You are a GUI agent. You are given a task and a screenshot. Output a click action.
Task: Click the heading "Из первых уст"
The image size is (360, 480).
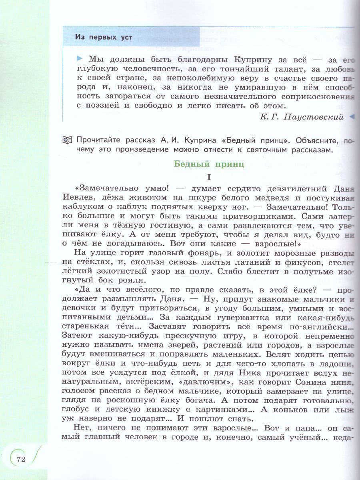click(103, 37)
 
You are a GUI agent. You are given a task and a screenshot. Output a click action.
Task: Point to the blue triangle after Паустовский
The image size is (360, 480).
click(352, 117)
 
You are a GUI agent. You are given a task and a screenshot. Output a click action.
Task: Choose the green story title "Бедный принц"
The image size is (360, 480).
click(208, 164)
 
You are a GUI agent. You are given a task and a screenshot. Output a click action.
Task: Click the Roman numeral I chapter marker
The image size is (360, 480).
click(208, 176)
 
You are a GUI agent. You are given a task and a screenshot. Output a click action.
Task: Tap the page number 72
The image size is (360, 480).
click(21, 459)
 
